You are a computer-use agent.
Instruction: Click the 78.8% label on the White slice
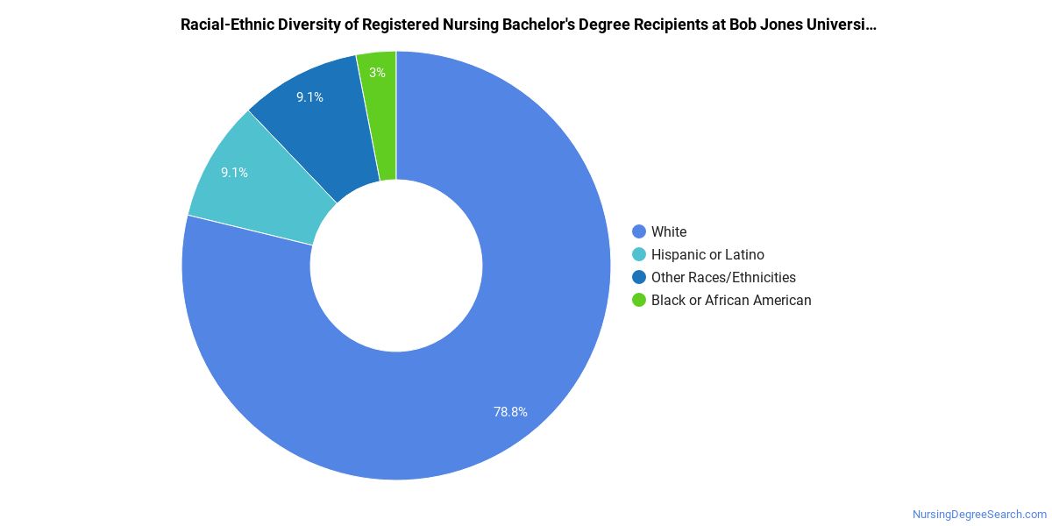510,411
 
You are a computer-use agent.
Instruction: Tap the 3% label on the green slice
377,73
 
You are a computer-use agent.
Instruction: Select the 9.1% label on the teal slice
234,173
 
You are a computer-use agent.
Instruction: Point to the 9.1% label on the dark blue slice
309,97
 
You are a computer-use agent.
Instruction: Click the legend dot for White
639,232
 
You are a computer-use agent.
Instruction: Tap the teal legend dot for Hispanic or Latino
639,255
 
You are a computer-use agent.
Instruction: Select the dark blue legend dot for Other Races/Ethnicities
639,278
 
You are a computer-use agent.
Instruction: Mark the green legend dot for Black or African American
639,301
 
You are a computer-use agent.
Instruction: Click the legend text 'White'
669,232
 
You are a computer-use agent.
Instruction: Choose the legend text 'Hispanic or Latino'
707,255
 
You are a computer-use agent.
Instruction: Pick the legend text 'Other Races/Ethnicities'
723,278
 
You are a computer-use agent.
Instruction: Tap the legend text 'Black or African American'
731,301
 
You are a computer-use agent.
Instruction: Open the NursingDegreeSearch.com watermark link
979,515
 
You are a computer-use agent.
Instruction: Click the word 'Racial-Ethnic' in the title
224,25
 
